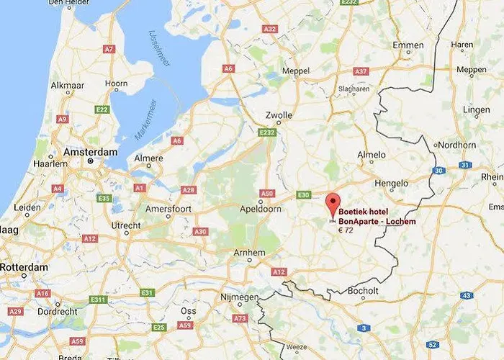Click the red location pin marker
coord(332,204)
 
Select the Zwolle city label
coord(279,115)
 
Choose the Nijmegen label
coord(238,297)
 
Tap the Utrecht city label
coord(126,226)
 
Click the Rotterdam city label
coord(24,267)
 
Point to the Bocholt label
coord(362,290)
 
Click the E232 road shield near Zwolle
coord(267,132)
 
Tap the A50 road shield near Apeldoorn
coord(266,194)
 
